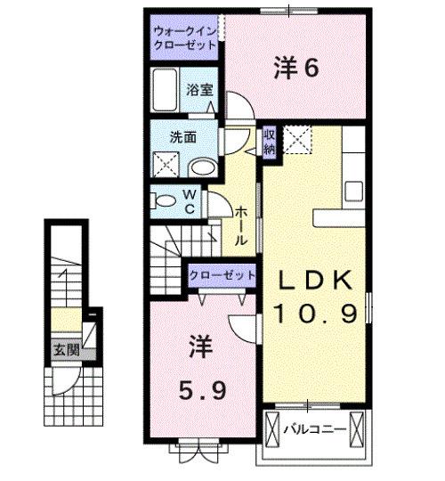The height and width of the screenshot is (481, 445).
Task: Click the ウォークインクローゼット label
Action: point(184,35)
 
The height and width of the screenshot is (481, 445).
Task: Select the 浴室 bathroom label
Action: point(198,90)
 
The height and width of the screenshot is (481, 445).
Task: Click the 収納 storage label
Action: point(269,143)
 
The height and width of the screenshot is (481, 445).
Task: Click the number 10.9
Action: point(316,313)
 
